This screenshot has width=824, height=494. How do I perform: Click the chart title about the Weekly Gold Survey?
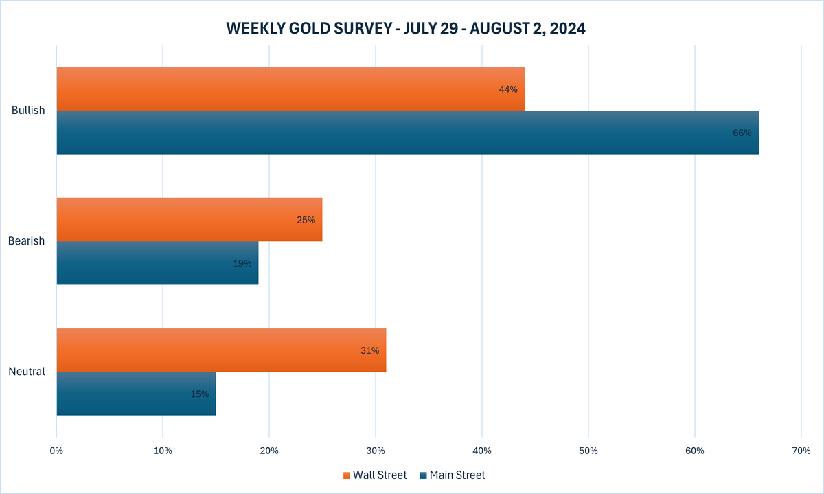pos(405,29)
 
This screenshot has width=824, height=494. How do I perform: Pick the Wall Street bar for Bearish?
pos(189,220)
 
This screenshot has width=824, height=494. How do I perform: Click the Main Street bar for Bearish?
pos(157,263)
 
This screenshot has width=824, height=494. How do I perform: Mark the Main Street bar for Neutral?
pos(136,394)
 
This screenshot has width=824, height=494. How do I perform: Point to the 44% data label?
pos(508,89)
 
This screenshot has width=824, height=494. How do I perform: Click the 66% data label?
pos(742,133)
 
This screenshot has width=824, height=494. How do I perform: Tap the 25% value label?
pos(306,220)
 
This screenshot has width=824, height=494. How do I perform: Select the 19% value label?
pos(242,263)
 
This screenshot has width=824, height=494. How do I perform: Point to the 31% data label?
pos(369,350)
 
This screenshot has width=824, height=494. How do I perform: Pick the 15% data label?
pos(200,394)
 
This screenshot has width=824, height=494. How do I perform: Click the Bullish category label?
pos(28,111)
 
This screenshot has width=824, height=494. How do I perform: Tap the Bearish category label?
pos(27,241)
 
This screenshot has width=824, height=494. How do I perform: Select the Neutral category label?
pos(27,372)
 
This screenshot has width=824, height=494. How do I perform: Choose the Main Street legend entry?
pos(453,475)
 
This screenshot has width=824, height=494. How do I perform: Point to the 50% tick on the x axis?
pos(588,451)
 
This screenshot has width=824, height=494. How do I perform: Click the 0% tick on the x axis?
pos(56,451)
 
